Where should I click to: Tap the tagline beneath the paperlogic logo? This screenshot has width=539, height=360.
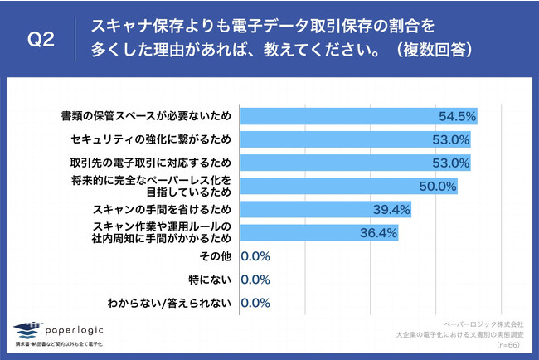[x=62, y=343]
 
